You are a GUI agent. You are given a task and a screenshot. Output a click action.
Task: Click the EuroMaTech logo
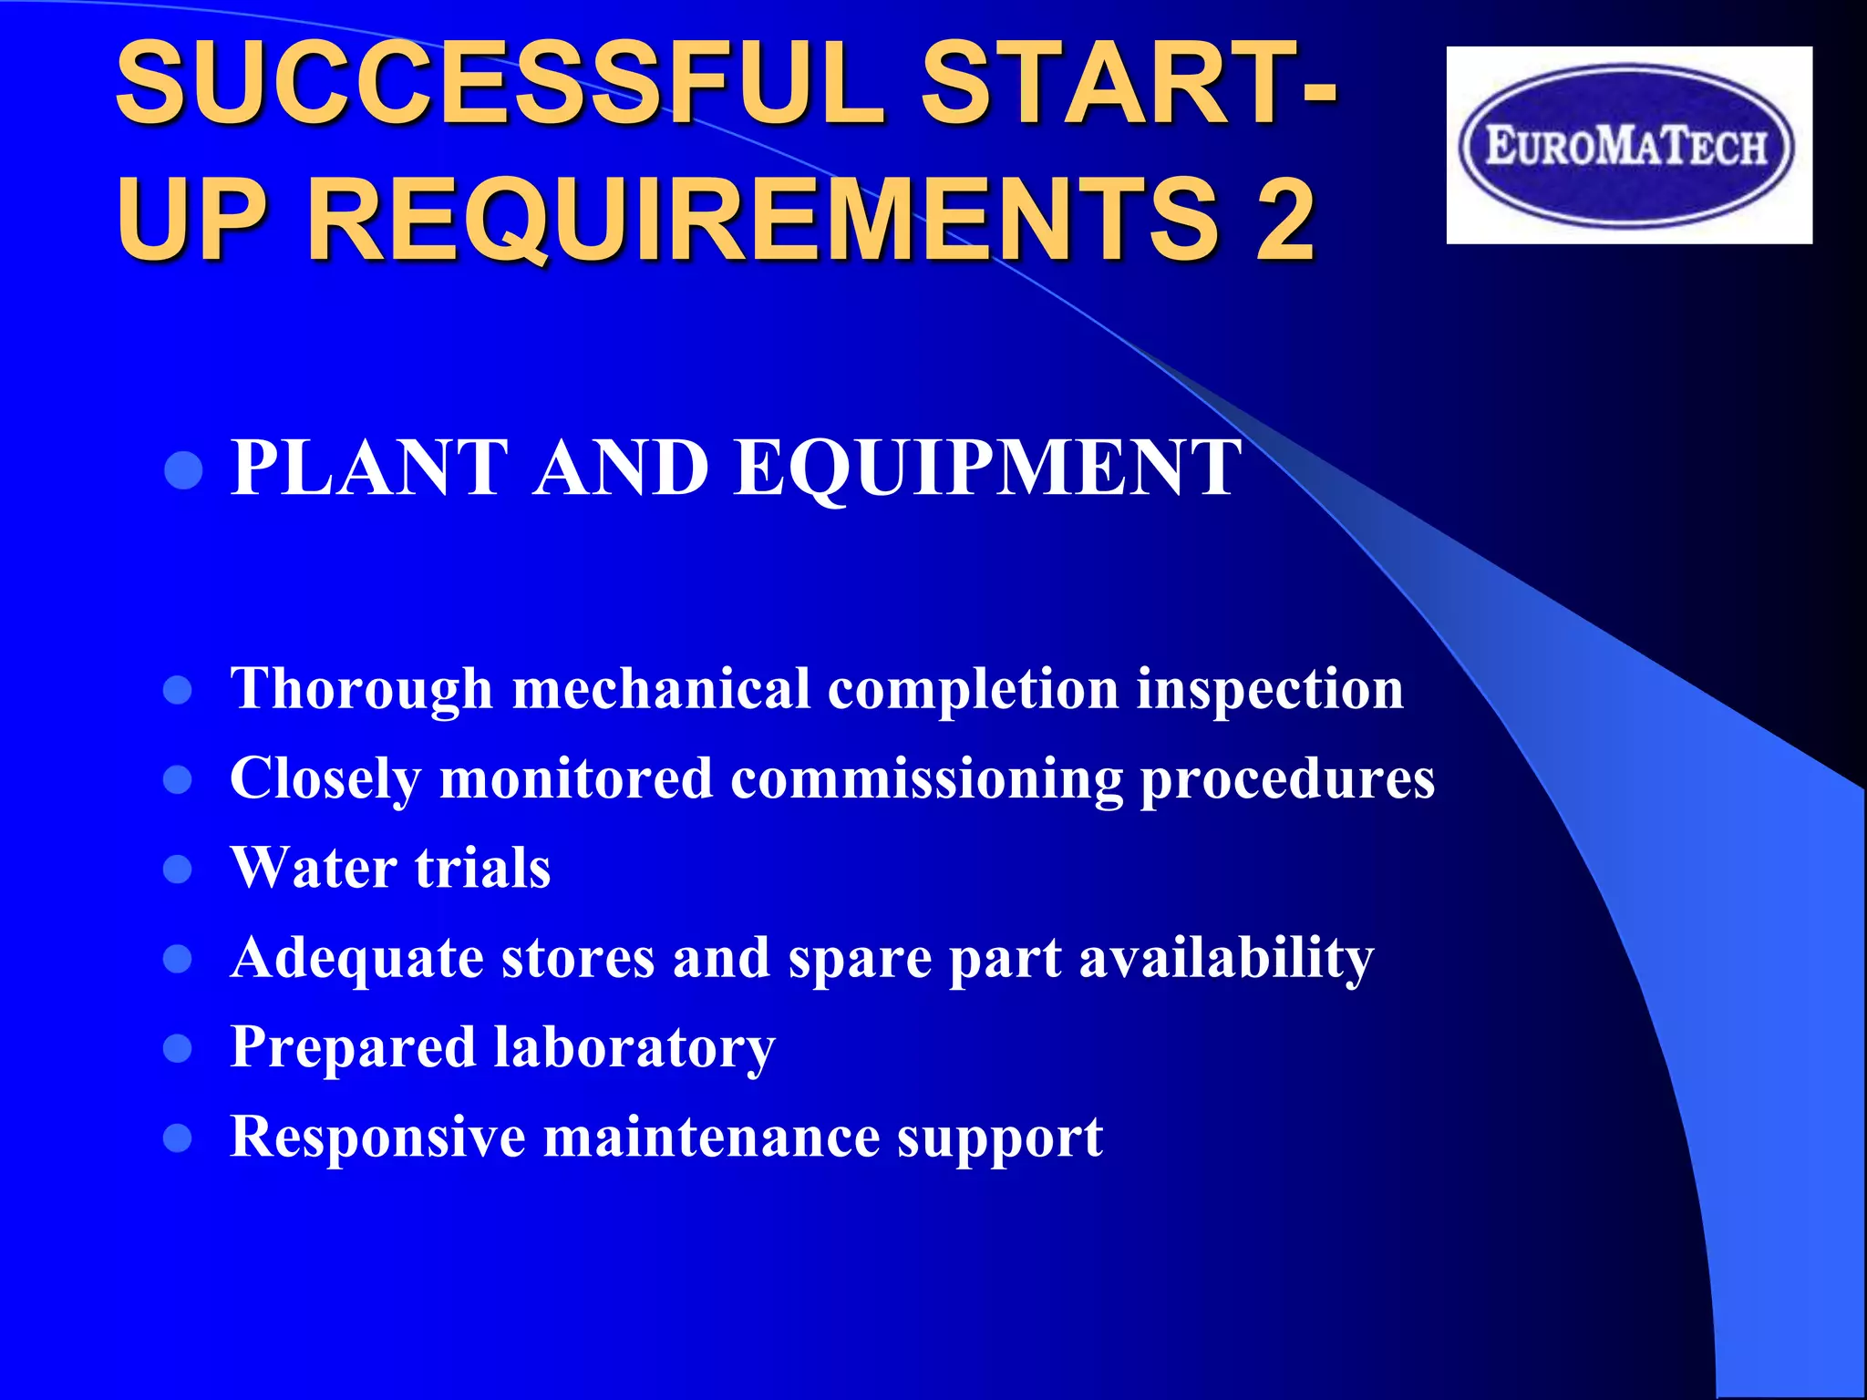coord(1628,146)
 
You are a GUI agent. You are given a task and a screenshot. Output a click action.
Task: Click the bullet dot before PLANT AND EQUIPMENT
coord(184,471)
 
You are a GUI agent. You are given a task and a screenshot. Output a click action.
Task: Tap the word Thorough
coord(361,689)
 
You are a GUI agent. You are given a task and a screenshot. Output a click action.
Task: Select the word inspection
coord(1269,689)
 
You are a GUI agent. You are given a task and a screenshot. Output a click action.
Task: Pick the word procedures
coord(1287,779)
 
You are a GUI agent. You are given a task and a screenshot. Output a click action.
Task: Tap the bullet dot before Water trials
coord(178,870)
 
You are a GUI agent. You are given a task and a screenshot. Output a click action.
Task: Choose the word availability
coord(1225,959)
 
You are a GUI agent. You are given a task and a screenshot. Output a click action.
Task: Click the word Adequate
coord(356,959)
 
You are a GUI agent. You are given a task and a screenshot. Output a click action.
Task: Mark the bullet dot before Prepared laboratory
coord(178,1049)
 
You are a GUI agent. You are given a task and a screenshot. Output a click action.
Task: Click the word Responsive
coord(377,1137)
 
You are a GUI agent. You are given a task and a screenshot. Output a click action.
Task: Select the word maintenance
coord(711,1137)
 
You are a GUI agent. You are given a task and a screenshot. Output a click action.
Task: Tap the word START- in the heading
coord(1129,85)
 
